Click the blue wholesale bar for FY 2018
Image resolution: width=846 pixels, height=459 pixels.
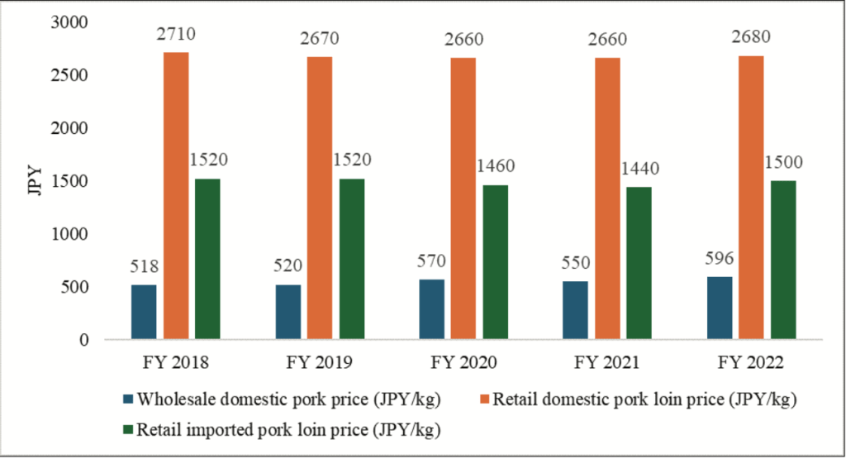144,312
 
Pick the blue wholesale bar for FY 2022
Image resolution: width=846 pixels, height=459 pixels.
719,308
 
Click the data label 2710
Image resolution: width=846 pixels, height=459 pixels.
176,37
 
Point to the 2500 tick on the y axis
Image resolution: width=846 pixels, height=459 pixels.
76,75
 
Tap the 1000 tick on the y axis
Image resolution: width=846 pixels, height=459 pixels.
76,235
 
